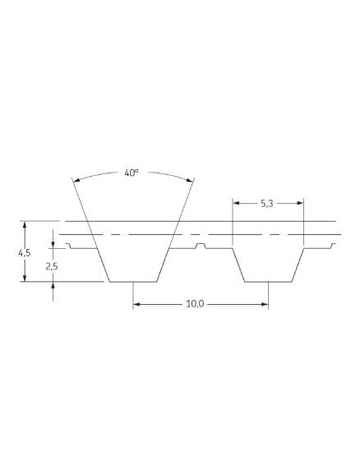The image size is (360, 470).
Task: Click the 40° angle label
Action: tap(132, 173)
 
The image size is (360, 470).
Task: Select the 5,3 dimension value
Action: tap(266, 204)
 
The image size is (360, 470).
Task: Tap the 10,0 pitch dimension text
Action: tap(195, 304)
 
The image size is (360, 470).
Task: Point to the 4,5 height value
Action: tap(25, 253)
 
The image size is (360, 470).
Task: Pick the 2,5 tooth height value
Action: tap(52, 266)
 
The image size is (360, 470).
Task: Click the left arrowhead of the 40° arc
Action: tap(76, 180)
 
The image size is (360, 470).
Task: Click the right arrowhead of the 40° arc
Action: tap(189, 180)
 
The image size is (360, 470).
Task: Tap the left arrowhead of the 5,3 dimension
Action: tap(236, 203)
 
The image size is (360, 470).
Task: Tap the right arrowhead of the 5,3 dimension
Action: tap(300, 203)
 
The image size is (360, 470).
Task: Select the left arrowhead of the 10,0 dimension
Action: tap(136, 305)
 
